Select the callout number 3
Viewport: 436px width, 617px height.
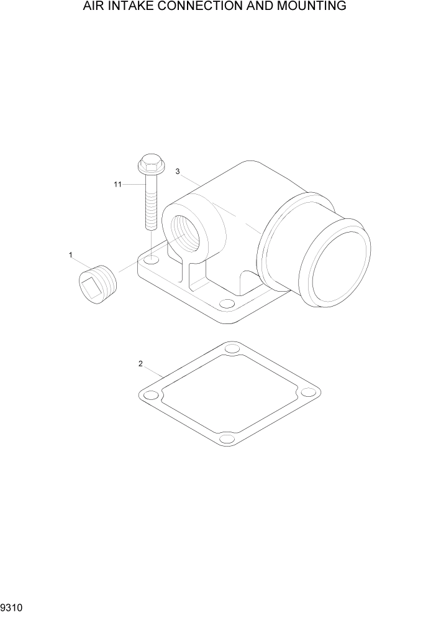point(178,172)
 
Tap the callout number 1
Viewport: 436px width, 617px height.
point(71,255)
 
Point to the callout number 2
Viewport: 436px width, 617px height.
point(141,363)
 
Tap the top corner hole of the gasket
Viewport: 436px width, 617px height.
point(232,348)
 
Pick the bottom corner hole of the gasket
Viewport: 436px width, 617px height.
point(227,439)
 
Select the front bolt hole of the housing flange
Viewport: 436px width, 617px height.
point(227,305)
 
